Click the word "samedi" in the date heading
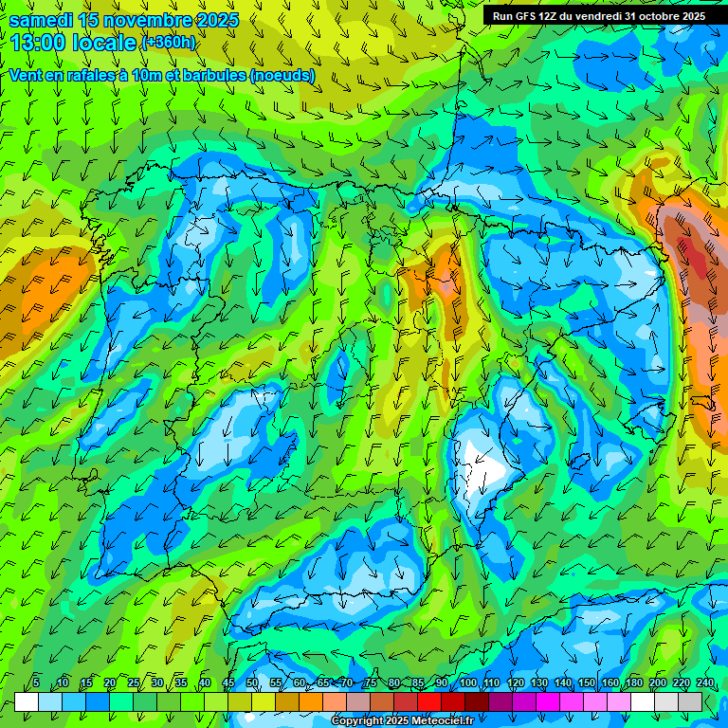pyautogui.click(x=41, y=20)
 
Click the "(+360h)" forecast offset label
pyautogui.click(x=168, y=43)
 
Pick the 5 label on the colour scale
pyautogui.click(x=36, y=682)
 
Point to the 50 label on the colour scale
pyautogui.click(x=252, y=682)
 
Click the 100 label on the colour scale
pyautogui.click(x=467, y=682)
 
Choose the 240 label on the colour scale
pyautogui.click(x=705, y=682)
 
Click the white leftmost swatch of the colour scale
pyautogui.click(x=27, y=701)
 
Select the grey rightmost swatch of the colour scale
pyautogui.click(x=690, y=701)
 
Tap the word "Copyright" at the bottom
pyautogui.click(x=358, y=721)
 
